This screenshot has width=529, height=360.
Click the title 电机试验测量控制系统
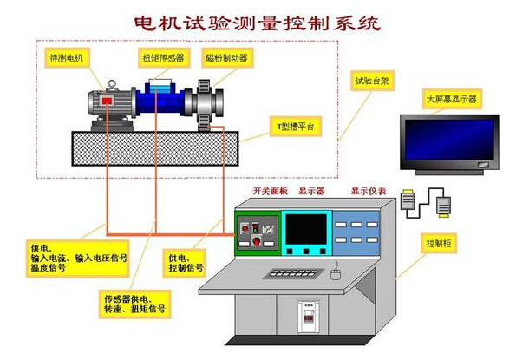pyautogui.click(x=258, y=23)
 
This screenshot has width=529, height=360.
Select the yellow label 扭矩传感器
pyautogui.click(x=164, y=58)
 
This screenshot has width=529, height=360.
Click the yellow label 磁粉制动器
pyautogui.click(x=227, y=58)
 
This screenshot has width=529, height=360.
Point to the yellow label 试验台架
pyautogui.click(x=372, y=81)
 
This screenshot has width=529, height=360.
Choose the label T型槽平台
pyautogui.click(x=295, y=127)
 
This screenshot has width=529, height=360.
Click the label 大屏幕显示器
pyautogui.click(x=452, y=99)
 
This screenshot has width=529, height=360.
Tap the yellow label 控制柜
pyautogui.click(x=439, y=243)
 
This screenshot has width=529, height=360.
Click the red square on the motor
pyautogui.click(x=108, y=101)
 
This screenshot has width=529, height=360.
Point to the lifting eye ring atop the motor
pyautogui.click(x=112, y=83)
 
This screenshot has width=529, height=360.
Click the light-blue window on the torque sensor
pyautogui.click(x=160, y=88)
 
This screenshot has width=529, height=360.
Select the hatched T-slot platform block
pyautogui.click(x=155, y=149)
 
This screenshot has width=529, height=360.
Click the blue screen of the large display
pyautogui.click(x=449, y=140)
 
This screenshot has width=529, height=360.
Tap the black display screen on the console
pyautogui.click(x=306, y=229)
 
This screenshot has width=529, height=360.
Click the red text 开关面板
pyautogui.click(x=271, y=192)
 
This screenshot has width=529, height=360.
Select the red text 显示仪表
pyautogui.click(x=369, y=192)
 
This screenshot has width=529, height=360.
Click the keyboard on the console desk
pyautogui.click(x=293, y=273)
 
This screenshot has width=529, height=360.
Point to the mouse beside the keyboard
pyautogui.click(x=336, y=274)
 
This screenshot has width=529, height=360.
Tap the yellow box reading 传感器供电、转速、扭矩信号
pyautogui.click(x=135, y=304)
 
